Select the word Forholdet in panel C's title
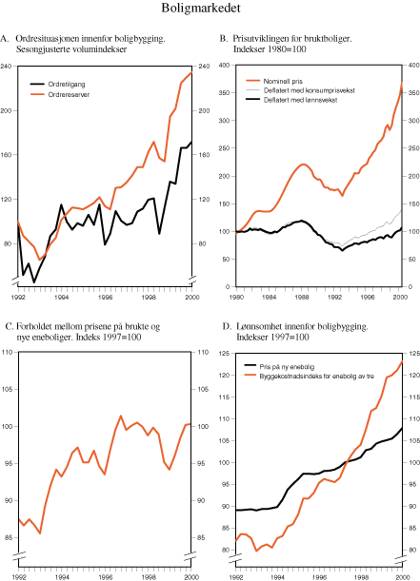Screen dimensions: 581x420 [x=39, y=326]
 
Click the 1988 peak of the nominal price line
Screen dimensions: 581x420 [x=302, y=165]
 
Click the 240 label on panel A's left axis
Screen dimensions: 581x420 [x=9, y=66]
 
